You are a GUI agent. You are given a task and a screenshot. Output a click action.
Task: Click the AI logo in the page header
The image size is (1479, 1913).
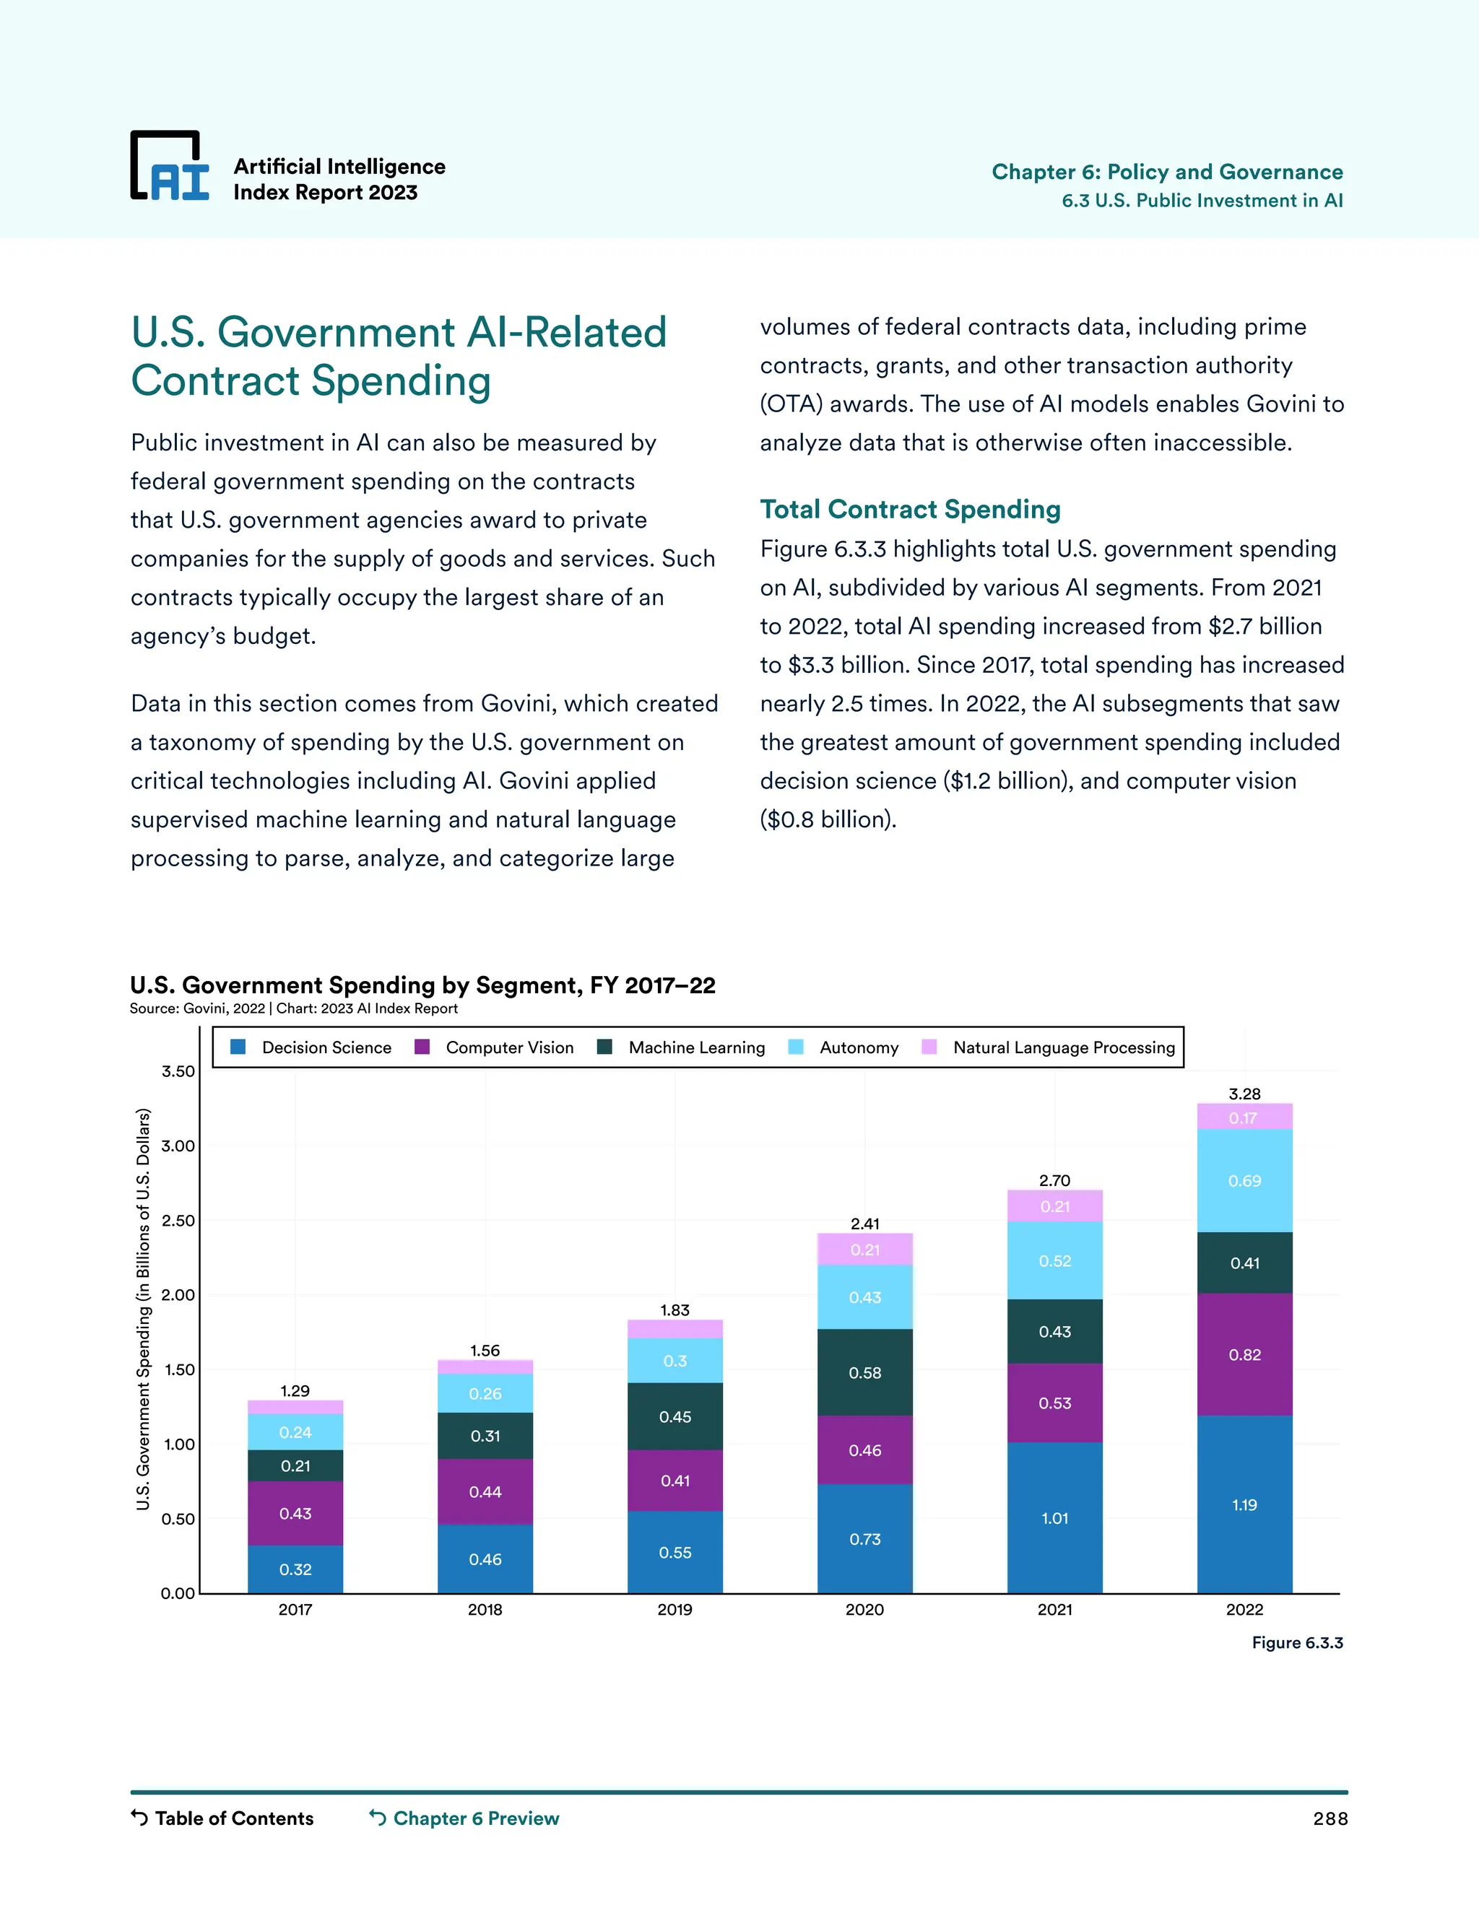[x=170, y=167]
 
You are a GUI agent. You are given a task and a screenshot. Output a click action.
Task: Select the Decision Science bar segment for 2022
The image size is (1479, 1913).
[x=1244, y=1505]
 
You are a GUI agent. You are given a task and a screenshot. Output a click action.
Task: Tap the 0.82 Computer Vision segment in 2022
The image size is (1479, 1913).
[x=1244, y=1354]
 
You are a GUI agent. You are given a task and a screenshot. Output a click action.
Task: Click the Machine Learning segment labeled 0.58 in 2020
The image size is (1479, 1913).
[x=864, y=1372]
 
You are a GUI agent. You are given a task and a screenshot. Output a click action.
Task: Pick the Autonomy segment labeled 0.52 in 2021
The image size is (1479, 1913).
[x=1055, y=1261]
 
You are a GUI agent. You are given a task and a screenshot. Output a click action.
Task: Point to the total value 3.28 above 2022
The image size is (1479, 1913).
[x=1244, y=1094]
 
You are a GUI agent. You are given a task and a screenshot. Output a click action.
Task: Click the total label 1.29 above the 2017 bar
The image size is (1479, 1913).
[x=295, y=1391]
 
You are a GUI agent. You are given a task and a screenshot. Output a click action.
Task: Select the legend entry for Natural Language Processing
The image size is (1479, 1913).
[x=1063, y=1047]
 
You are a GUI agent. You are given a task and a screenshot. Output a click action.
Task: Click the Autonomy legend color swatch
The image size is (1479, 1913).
[x=796, y=1047]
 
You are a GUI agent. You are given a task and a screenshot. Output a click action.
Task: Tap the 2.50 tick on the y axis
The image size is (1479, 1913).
[x=178, y=1220]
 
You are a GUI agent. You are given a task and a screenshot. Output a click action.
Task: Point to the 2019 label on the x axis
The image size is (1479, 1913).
[x=675, y=1609]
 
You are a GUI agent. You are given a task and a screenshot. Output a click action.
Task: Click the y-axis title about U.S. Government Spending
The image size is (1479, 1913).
[x=144, y=1310]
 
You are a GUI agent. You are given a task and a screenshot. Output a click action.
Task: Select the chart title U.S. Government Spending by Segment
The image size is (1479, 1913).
[x=422, y=985]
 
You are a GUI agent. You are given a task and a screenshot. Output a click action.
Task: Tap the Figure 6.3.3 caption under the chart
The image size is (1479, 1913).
[x=1297, y=1642]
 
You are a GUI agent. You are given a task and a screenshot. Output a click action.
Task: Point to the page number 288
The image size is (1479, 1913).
[x=1330, y=1819]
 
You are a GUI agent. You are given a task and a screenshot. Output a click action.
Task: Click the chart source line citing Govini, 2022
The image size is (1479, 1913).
[x=293, y=1008]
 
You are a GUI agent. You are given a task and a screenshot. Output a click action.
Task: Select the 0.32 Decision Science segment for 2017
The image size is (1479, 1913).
[x=295, y=1569]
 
